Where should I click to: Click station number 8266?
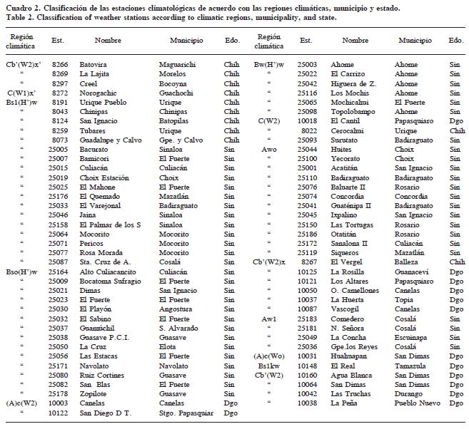click(60, 64)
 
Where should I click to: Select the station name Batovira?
click(94, 64)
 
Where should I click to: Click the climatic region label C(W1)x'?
click(21, 93)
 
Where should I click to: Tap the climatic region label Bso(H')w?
click(21, 272)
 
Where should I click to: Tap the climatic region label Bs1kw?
click(269, 365)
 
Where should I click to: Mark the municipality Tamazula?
click(412, 365)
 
